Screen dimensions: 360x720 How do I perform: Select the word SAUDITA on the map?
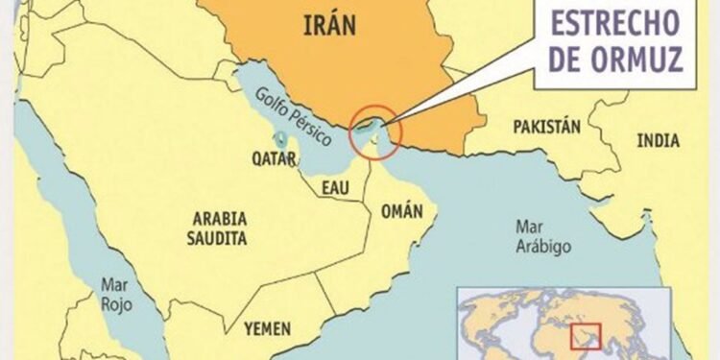coord(218,237)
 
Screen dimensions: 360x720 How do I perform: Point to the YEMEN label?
coord(268,328)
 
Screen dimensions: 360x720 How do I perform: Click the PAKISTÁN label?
coord(547,127)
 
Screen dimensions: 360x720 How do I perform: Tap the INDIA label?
coord(658,140)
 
